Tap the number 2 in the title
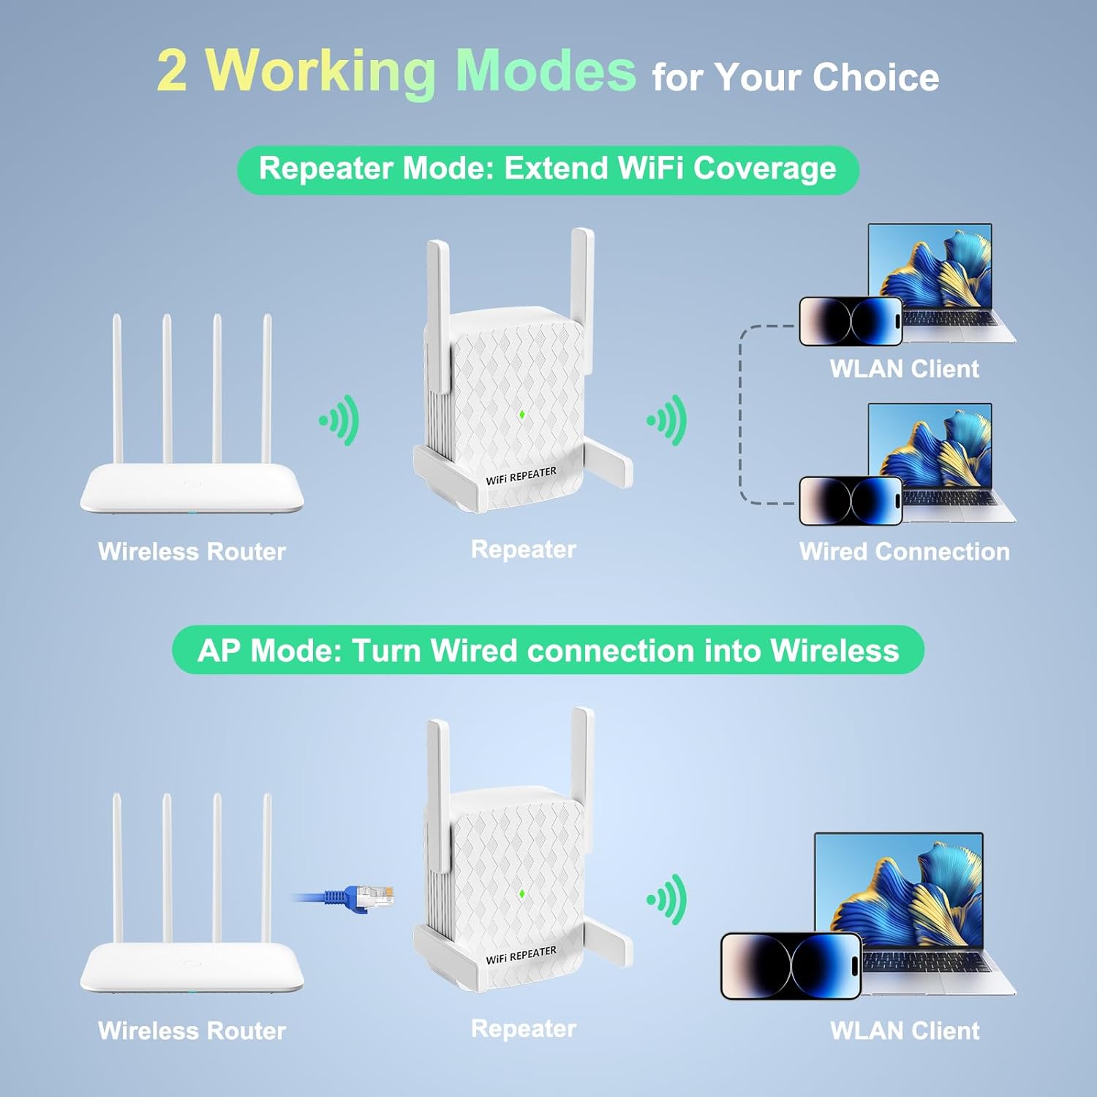[x=172, y=71]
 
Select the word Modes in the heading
[x=545, y=70]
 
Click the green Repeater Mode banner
[x=548, y=170]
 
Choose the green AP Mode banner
[x=548, y=650]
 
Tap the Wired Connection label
[x=904, y=551]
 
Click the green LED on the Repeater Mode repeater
[x=522, y=415]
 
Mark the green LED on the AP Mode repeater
[x=522, y=894]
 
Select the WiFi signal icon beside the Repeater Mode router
[x=340, y=420]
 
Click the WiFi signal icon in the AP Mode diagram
[x=668, y=899]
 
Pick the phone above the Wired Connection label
[x=851, y=501]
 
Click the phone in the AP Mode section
[x=791, y=966]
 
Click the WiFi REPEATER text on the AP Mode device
[x=521, y=955]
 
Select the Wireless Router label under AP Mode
[x=192, y=1030]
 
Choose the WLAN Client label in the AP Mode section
[x=905, y=1030]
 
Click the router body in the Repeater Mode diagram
[x=192, y=489]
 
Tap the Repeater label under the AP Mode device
[x=524, y=1028]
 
